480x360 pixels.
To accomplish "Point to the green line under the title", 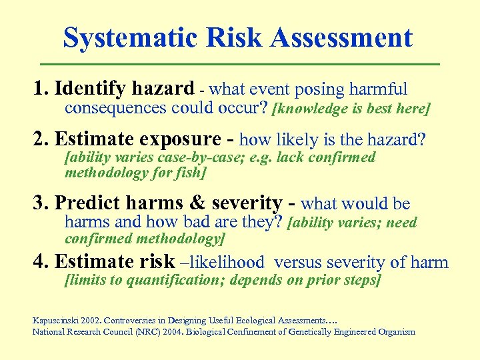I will tap(240, 64).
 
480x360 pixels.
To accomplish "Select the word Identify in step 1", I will tap(89, 89).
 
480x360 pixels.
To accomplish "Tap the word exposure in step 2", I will tap(171, 139).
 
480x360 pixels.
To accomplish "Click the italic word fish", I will tap(188, 173).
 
